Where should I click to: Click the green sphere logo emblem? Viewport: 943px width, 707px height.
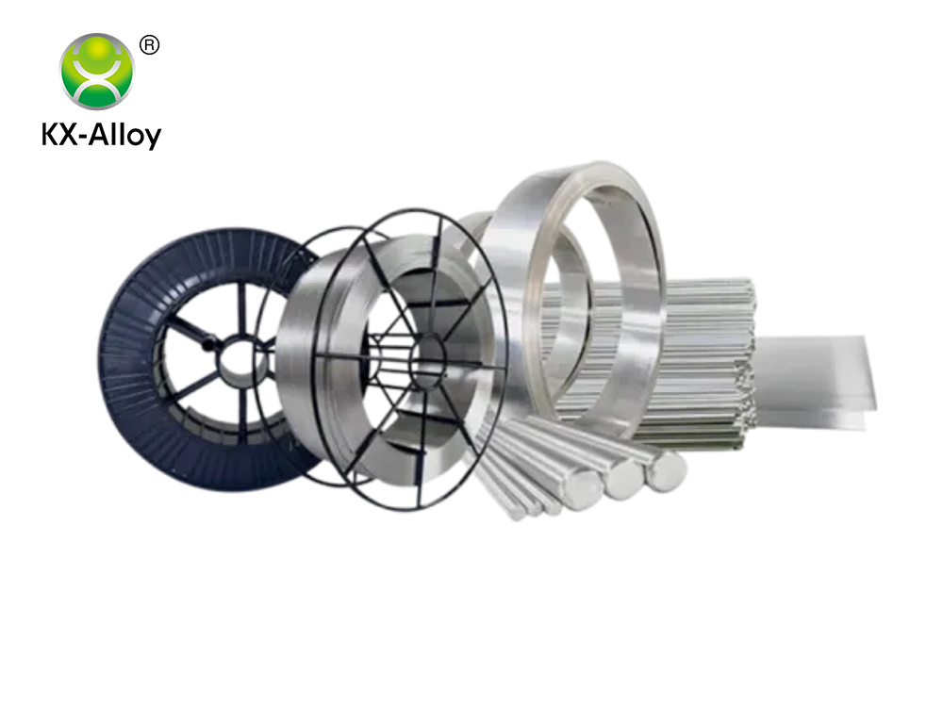pyautogui.click(x=97, y=71)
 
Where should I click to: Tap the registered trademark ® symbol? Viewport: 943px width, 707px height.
pyautogui.click(x=149, y=45)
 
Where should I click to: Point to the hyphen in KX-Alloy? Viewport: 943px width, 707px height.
pyautogui.click(x=86, y=138)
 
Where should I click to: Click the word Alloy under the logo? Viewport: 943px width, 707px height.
pyautogui.click(x=125, y=136)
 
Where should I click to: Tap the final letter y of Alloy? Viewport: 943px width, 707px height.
pyautogui.click(x=154, y=139)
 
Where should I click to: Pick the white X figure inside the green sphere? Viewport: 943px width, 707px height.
pyautogui.click(x=97, y=71)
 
